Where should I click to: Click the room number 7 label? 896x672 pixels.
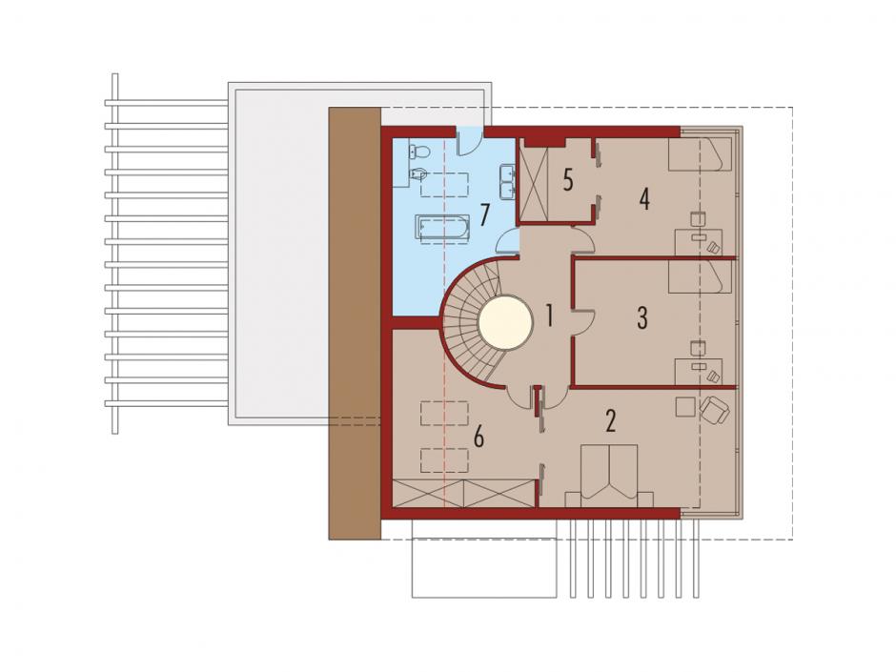(x=484, y=215)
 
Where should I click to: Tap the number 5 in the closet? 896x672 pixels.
(x=567, y=180)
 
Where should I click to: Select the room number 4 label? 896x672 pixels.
(x=644, y=199)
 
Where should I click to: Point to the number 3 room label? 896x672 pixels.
(x=642, y=318)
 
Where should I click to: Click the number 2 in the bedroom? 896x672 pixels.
(x=611, y=421)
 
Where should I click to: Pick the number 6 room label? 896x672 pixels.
(x=479, y=438)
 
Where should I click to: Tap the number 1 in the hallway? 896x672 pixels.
(x=549, y=316)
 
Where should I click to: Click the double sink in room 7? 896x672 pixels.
(x=507, y=182)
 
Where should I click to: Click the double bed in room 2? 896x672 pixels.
(x=609, y=476)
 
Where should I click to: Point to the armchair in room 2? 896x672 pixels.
(x=714, y=409)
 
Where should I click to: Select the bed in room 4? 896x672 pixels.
(x=701, y=154)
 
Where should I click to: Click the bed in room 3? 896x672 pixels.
(x=701, y=277)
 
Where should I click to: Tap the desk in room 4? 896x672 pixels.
(x=699, y=242)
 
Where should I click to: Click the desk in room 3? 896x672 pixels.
(x=699, y=372)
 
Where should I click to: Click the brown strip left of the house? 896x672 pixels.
(x=355, y=323)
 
